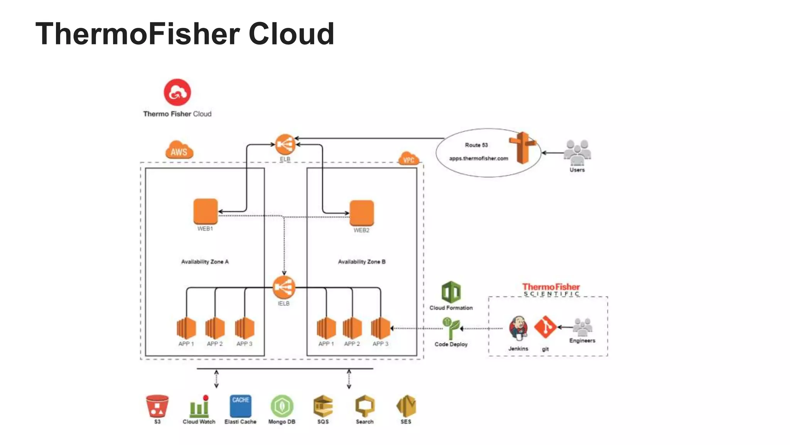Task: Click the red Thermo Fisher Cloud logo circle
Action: [177, 92]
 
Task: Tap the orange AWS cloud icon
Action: [179, 150]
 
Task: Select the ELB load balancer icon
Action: [285, 144]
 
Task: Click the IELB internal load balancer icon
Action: [284, 287]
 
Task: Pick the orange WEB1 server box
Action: [206, 211]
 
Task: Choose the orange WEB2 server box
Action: [362, 213]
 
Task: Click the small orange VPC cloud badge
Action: [409, 159]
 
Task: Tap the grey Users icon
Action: [577, 152]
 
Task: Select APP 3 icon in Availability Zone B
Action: [380, 328]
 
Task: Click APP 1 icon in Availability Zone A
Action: [186, 328]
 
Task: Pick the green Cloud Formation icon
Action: [451, 292]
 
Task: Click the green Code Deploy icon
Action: [451, 328]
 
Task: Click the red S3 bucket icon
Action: [157, 406]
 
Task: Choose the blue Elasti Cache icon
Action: [240, 406]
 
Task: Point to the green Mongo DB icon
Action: [282, 406]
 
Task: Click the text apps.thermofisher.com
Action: [478, 158]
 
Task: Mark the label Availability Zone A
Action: [205, 262]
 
